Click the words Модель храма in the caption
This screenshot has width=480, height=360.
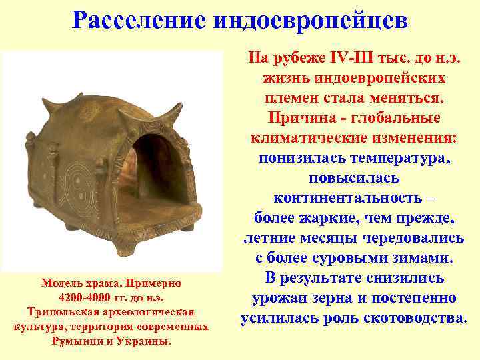point(79,282)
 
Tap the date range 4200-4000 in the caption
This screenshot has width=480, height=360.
point(84,297)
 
